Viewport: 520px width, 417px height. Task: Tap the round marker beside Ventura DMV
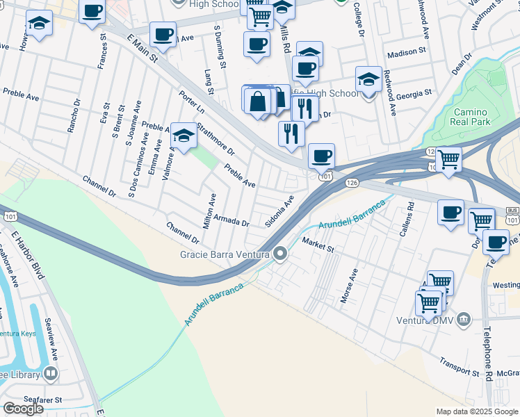[x=465, y=320]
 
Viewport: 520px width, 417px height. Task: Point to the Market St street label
[x=318, y=244]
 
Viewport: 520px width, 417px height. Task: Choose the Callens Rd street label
[x=411, y=215]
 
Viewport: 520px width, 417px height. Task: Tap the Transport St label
[x=459, y=368]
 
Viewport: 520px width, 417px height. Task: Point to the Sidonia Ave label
[x=280, y=211]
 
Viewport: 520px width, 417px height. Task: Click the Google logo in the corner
[x=24, y=409]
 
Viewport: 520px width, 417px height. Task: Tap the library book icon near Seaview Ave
[x=50, y=374]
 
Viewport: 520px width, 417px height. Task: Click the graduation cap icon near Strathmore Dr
[x=184, y=135]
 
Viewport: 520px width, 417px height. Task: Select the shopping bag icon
[x=258, y=100]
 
